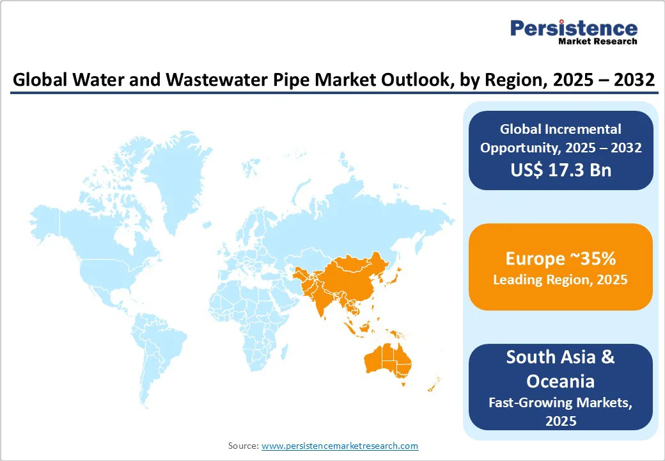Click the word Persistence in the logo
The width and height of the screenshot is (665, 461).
[x=574, y=28]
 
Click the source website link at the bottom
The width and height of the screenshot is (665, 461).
[x=340, y=446]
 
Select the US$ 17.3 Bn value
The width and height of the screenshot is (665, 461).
[x=560, y=170]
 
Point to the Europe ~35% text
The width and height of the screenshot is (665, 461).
[x=560, y=259]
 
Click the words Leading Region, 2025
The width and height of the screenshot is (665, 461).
[x=560, y=280]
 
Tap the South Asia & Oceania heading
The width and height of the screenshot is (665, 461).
[x=560, y=369]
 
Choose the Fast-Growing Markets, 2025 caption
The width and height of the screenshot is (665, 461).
[x=560, y=411]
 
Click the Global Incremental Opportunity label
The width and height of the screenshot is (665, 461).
[x=560, y=138]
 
